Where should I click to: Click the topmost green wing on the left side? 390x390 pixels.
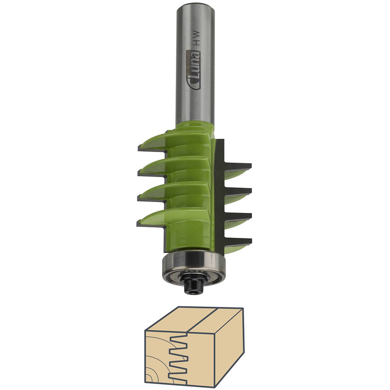pos(156,141)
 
